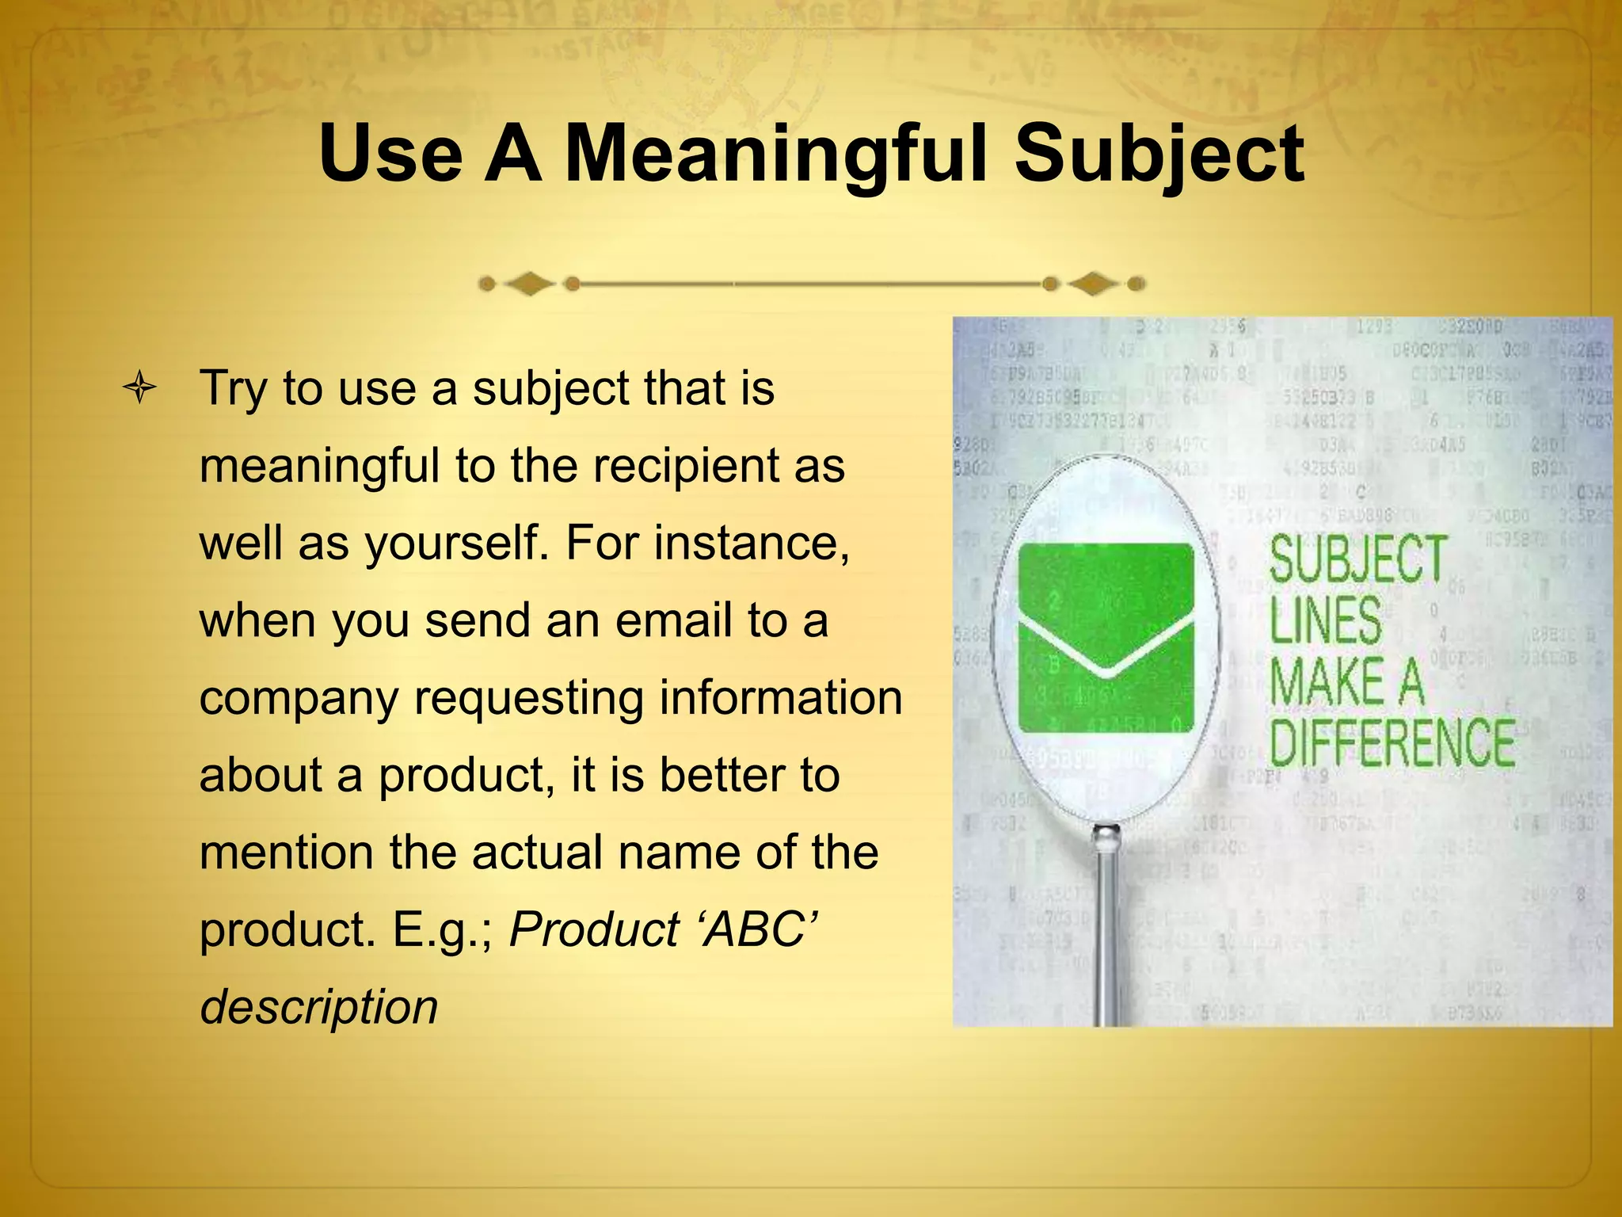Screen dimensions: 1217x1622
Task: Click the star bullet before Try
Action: coord(139,389)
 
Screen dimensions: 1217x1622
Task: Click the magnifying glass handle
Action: coord(1106,927)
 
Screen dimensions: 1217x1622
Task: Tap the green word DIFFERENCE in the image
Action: coord(1392,742)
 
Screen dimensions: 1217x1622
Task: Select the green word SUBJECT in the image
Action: coord(1358,559)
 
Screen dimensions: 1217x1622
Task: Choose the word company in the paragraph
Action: coord(299,699)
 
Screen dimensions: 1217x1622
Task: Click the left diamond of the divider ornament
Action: coord(529,284)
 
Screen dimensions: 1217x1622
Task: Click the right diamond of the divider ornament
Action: coord(1093,284)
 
